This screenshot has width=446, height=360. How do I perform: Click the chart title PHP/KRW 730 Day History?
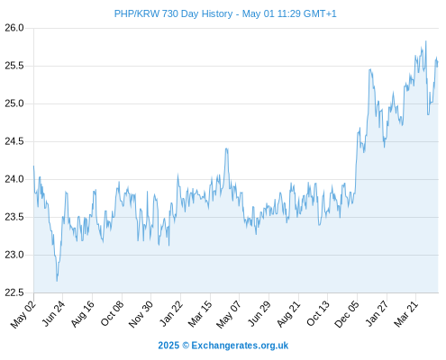pos(173,13)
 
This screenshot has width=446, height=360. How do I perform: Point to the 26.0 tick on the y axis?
pos(14,28)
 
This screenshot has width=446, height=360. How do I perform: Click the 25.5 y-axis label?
pos(14,66)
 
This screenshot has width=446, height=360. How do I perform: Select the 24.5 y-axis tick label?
pos(14,141)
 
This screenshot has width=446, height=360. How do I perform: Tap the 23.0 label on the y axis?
pos(14,255)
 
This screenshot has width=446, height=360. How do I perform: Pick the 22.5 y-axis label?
pos(14,292)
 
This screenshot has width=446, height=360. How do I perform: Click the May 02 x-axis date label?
pos(23,314)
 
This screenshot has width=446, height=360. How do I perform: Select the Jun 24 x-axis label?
pos(53,313)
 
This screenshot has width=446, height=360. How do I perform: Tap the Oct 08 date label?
pos(112,313)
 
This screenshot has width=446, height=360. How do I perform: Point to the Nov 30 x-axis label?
pos(141,314)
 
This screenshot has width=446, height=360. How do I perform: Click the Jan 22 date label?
pos(170,313)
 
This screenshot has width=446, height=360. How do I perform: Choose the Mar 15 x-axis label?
pos(200,314)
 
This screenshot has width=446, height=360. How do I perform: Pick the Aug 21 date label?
pos(288,314)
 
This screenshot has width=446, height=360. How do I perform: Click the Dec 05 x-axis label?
pos(347,314)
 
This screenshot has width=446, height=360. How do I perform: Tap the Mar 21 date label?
pos(405,314)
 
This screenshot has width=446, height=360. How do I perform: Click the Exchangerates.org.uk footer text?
pos(240,346)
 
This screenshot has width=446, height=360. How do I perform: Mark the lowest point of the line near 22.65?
pos(57,281)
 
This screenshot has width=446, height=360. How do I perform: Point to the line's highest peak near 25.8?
pos(425,41)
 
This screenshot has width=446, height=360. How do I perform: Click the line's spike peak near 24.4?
pos(226,148)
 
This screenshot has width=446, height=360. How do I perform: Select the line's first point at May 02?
pos(33,166)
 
